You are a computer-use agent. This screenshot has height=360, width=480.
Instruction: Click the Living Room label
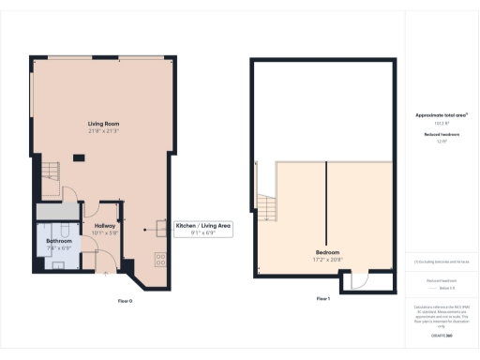(x=103, y=123)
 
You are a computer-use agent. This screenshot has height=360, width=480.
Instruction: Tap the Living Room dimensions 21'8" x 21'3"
(x=103, y=131)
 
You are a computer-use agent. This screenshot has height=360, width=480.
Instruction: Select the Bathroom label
(x=60, y=241)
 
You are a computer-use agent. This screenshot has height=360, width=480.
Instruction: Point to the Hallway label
(x=105, y=226)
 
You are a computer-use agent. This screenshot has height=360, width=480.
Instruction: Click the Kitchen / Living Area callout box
(x=203, y=229)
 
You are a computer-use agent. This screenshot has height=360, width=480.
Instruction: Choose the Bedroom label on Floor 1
(x=327, y=252)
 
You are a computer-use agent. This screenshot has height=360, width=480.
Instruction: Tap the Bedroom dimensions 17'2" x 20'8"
(x=327, y=259)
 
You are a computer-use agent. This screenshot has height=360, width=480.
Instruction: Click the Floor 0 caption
(x=125, y=300)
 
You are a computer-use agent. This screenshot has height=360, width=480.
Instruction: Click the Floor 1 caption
(x=322, y=298)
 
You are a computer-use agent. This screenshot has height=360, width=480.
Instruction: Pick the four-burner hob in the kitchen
(x=160, y=256)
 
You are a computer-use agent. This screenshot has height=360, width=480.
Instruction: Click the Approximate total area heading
(x=442, y=114)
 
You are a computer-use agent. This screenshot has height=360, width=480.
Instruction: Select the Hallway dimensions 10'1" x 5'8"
(x=105, y=233)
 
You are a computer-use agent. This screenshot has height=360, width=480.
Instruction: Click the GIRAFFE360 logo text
(x=442, y=335)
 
